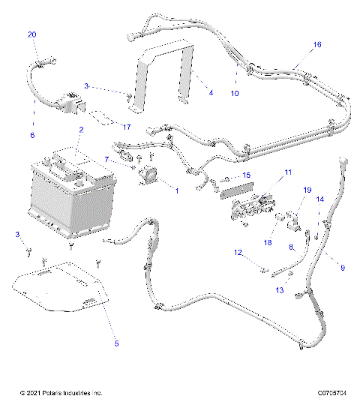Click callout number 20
[x=31, y=35]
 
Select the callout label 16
[x=317, y=45]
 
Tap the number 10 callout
[x=234, y=94]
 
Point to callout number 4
[x=211, y=92]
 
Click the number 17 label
[x=126, y=127]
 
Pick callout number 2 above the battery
[x=80, y=130]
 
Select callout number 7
[x=107, y=159]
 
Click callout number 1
[x=176, y=190]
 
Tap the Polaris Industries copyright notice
[x=61, y=392]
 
